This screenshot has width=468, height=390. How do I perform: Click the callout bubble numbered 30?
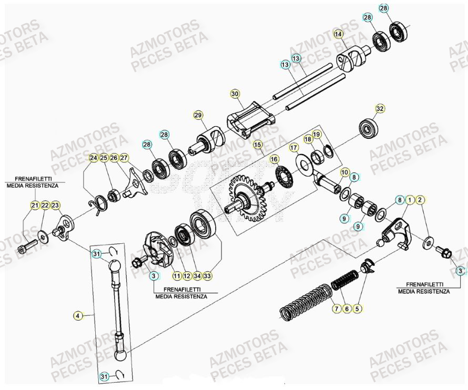[x=235, y=94]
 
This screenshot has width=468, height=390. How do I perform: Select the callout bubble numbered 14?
[x=339, y=35]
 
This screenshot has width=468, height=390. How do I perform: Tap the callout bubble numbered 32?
[x=380, y=108]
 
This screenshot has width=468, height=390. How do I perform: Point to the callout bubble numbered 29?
[x=198, y=115]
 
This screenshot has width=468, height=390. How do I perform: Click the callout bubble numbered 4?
[x=77, y=316]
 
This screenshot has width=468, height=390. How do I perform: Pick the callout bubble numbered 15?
[x=257, y=144]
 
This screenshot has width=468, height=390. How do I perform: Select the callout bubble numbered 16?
[x=274, y=158]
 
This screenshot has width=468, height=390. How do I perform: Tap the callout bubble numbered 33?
[x=207, y=275]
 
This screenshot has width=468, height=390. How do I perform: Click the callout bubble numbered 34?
[x=197, y=275]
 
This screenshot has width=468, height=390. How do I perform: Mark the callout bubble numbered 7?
[x=336, y=309]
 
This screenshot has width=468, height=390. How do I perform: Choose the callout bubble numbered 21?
[x=34, y=205]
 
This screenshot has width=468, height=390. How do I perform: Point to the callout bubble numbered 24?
[x=93, y=158]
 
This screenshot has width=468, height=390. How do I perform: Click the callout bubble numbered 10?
[x=344, y=172]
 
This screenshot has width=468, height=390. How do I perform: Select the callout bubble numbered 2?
[x=420, y=199]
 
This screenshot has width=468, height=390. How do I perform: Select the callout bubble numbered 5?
[x=357, y=309]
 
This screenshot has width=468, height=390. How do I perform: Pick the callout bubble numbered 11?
[x=176, y=275]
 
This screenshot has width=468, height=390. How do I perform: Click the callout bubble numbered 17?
[x=294, y=149]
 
